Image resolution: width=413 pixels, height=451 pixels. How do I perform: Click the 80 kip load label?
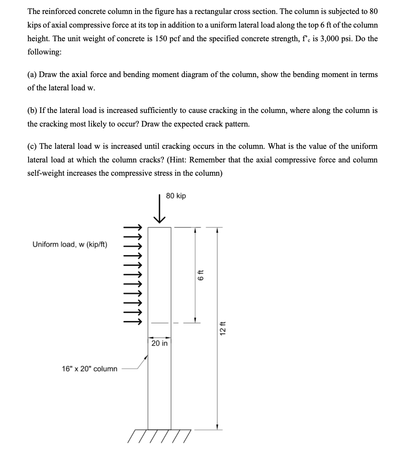[x=176, y=196]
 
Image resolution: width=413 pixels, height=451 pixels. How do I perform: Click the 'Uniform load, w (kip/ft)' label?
[x=70, y=245]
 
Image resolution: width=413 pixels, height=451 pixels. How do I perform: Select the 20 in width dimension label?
[x=160, y=343]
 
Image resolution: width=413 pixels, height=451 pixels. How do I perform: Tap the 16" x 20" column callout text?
[x=90, y=369]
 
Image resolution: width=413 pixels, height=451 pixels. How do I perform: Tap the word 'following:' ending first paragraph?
[x=44, y=52]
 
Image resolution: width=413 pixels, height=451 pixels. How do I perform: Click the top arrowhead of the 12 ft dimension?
[x=217, y=229]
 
